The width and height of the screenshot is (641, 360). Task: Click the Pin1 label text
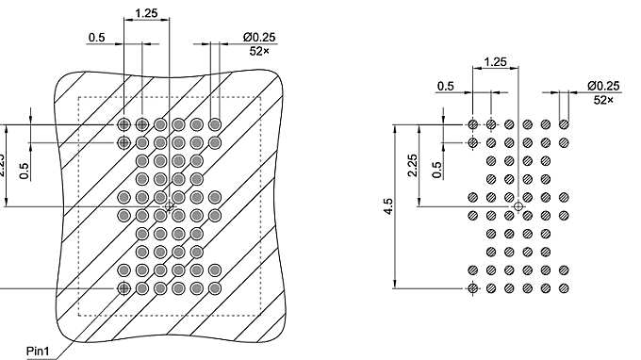[38, 352]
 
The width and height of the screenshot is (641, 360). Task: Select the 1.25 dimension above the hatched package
[146, 13]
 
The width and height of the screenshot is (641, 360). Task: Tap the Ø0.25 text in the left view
[259, 38]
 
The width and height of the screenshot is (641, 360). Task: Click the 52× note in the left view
[260, 51]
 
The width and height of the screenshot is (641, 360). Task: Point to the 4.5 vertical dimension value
[388, 206]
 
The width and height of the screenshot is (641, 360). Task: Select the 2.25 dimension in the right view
[412, 165]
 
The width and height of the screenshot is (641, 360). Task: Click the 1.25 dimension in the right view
[495, 62]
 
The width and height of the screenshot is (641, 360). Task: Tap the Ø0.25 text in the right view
[603, 86]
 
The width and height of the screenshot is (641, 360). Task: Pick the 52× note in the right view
[603, 99]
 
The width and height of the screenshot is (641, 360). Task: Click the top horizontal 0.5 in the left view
[97, 38]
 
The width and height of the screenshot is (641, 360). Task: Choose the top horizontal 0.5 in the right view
[445, 87]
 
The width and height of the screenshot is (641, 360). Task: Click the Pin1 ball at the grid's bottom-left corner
[123, 286]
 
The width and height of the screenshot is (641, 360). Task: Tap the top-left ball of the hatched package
[123, 124]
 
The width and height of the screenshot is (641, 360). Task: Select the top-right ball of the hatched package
[215, 124]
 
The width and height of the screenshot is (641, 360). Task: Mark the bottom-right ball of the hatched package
[215, 286]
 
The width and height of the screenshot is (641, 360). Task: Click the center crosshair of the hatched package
[170, 205]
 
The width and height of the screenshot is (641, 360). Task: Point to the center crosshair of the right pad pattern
[518, 205]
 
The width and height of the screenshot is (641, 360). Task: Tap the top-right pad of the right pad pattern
[564, 124]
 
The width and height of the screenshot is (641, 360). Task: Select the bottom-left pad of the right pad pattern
[472, 286]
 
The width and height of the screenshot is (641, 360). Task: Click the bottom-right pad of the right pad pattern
[564, 286]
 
